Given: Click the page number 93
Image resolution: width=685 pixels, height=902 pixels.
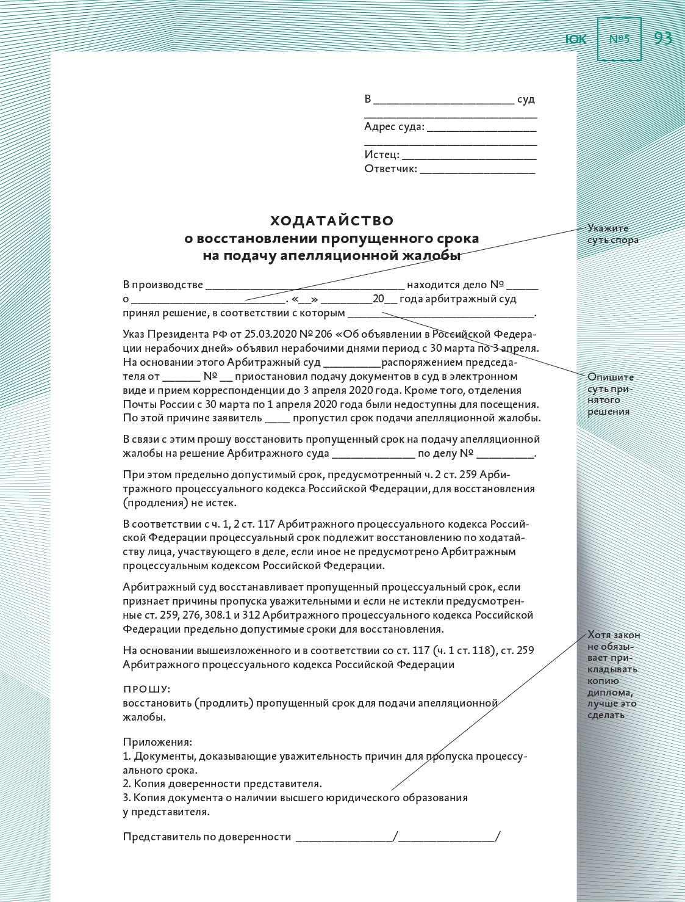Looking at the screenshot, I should pos(662,38).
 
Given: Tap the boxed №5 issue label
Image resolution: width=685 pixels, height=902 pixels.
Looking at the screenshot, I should pos(619,39).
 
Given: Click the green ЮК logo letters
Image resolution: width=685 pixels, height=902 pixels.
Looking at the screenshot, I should pos(575,40).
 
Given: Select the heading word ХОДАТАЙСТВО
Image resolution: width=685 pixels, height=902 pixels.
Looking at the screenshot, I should pos(332,220).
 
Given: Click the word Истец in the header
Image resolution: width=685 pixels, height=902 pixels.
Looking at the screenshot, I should pos(381,155).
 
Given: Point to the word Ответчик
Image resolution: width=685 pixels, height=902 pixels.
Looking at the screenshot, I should pos(390,169).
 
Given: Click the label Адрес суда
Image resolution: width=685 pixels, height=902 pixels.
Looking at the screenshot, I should pos(394,126).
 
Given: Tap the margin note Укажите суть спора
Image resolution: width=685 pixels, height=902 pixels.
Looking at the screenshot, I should pos(612,234).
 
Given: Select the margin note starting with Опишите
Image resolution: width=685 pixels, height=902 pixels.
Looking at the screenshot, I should pos(611,394).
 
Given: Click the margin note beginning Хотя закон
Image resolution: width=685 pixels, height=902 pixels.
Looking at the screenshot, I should pos(613,674).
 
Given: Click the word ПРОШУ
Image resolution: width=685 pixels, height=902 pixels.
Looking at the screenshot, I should pos(146,689).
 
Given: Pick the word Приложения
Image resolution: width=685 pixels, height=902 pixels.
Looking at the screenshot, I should pos(157,742).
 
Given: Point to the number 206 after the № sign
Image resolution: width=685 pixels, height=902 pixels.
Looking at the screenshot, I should pos(323,334).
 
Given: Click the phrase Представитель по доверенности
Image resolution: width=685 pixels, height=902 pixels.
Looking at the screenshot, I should pos(207,837).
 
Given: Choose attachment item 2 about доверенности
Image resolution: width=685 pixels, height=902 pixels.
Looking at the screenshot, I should pos(223,784).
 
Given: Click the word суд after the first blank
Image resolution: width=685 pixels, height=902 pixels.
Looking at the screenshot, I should pos(526,99).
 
